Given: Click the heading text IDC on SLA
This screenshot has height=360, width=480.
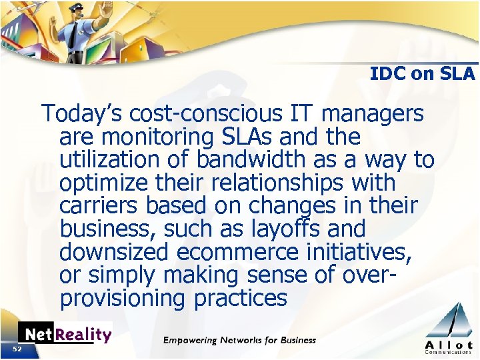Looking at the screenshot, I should (423, 73).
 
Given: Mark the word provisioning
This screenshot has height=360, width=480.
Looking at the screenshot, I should (122, 298).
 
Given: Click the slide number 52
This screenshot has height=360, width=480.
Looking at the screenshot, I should (17, 349).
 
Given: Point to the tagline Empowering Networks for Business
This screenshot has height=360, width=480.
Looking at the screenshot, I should (240, 340).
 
